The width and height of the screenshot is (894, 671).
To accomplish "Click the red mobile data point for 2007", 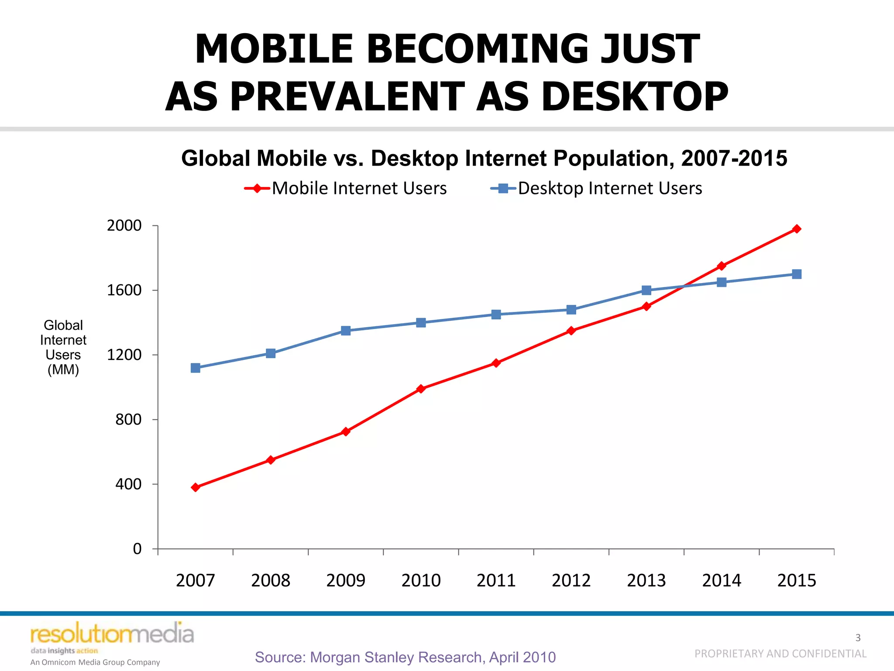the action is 196,487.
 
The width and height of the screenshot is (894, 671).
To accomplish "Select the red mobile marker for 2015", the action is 797,229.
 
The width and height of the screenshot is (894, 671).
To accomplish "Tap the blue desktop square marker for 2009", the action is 346,331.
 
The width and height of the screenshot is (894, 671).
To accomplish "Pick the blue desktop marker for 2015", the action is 797,274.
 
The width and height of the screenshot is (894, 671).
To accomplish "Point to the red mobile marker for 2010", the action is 421,389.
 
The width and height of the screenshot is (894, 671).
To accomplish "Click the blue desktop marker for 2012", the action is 571,310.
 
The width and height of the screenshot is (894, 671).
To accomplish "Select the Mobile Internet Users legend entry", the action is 346,188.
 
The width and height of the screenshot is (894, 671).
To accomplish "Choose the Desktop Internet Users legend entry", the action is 597,188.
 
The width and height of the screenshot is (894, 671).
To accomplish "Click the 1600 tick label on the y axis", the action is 124,290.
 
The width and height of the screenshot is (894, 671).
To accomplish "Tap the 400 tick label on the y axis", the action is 128,484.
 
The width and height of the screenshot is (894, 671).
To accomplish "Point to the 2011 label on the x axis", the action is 496,581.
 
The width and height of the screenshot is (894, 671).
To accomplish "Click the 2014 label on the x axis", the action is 722,581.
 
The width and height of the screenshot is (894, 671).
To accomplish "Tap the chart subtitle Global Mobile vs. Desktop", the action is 484,158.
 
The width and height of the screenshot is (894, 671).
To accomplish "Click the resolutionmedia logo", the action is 112,634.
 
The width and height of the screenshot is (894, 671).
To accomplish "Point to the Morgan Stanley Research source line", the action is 405,657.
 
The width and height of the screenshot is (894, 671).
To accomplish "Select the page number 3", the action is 858,638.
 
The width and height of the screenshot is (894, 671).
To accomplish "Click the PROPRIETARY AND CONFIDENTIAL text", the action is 780,654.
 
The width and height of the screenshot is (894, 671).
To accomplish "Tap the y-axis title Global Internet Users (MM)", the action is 63,347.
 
